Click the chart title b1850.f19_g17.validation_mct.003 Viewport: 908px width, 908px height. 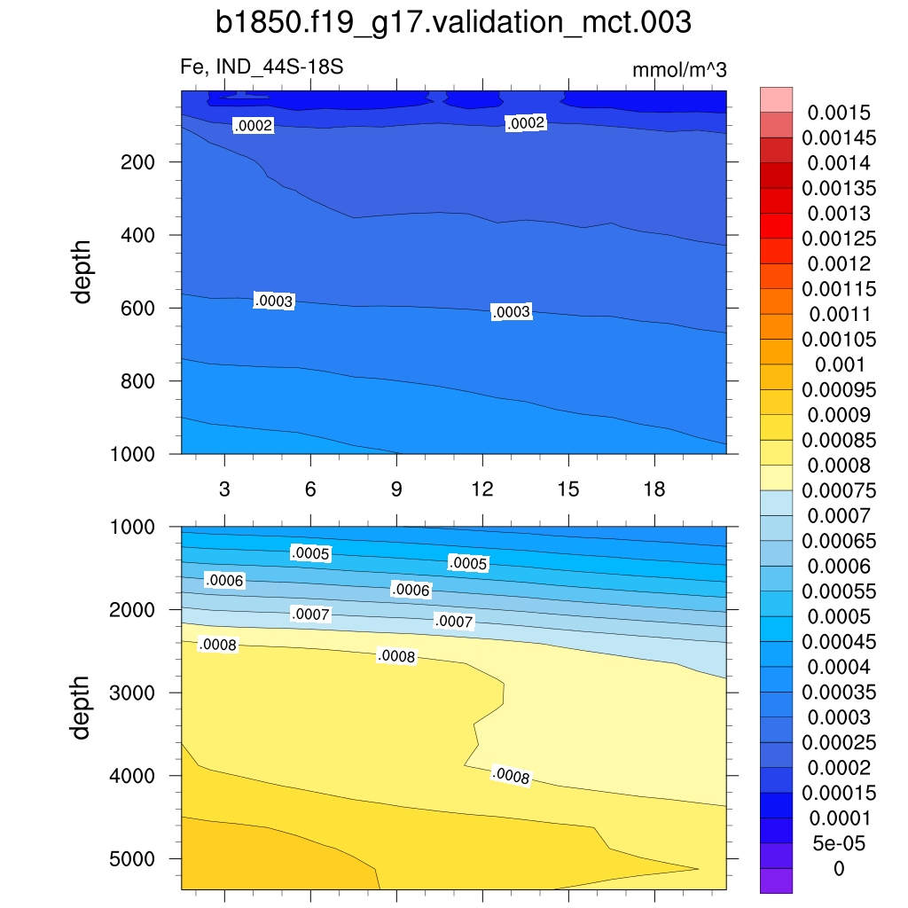(x=453, y=23)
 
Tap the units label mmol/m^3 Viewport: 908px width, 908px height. (x=679, y=71)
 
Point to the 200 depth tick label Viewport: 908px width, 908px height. (x=138, y=162)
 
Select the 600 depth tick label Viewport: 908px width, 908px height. (x=138, y=309)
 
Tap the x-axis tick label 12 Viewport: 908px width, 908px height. (x=481, y=490)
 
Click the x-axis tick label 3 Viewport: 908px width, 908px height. (x=224, y=490)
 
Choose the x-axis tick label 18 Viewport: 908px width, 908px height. (x=654, y=490)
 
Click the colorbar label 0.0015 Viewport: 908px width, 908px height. (x=839, y=113)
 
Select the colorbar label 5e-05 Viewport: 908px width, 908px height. (x=839, y=842)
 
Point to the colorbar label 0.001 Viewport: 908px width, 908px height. (x=839, y=364)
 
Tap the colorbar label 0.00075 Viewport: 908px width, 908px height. (x=839, y=490)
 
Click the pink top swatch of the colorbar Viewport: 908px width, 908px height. (x=776, y=99)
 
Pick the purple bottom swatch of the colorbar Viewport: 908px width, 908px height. (x=776, y=881)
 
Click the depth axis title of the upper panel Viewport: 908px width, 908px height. (x=82, y=271)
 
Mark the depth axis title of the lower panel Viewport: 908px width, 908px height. (x=82, y=708)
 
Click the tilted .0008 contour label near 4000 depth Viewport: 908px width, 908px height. (x=511, y=777)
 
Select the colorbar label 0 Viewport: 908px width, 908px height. (x=839, y=868)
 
